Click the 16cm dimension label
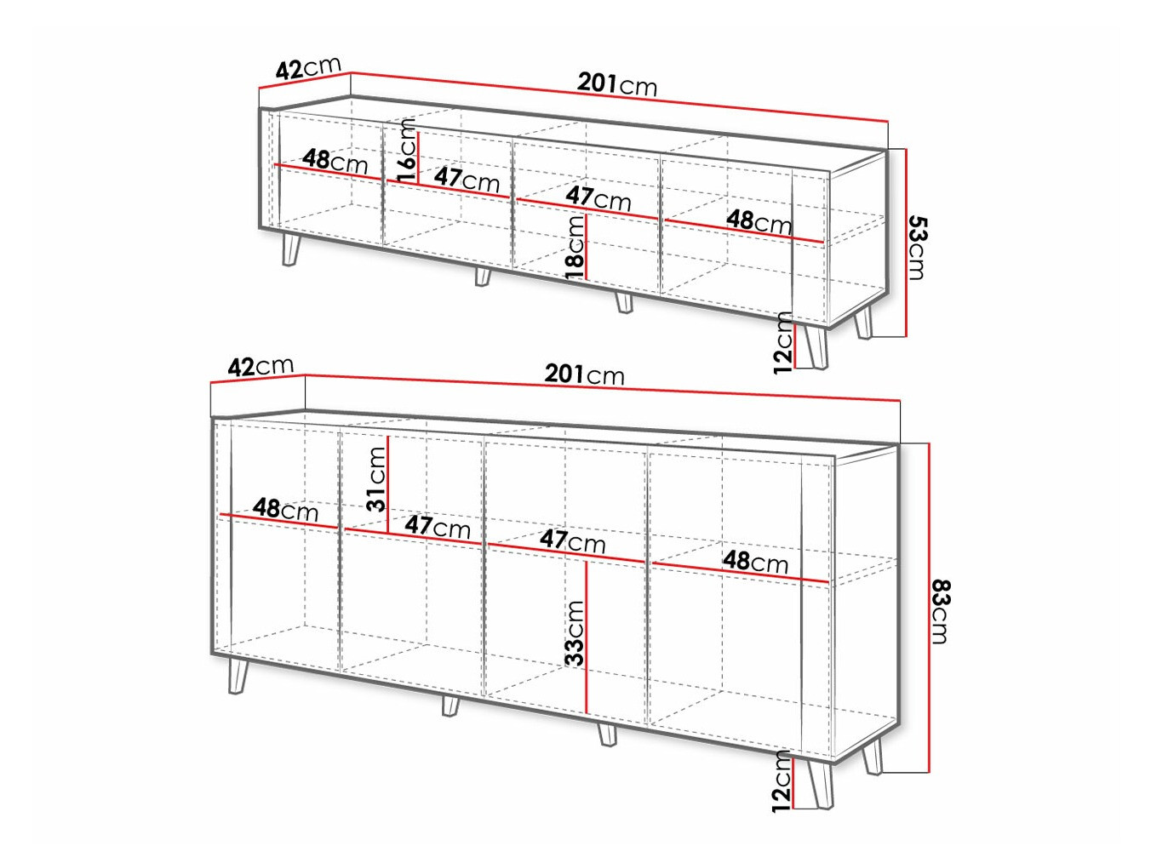(x=406, y=151)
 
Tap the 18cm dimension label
(x=575, y=248)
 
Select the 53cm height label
(x=917, y=247)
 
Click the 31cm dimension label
(x=376, y=479)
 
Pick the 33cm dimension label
(x=575, y=633)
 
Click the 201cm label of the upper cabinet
(x=616, y=84)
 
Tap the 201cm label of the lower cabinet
(x=584, y=374)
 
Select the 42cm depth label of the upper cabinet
(x=308, y=67)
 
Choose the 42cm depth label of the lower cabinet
(x=261, y=366)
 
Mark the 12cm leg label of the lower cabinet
(x=782, y=780)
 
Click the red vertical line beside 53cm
(x=906, y=243)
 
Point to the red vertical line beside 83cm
(x=929, y=608)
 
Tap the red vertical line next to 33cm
(x=587, y=637)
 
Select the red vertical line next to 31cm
(x=387, y=485)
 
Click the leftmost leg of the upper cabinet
(x=290, y=250)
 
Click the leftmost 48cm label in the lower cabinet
(x=285, y=510)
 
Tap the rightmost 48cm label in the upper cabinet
(x=759, y=222)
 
